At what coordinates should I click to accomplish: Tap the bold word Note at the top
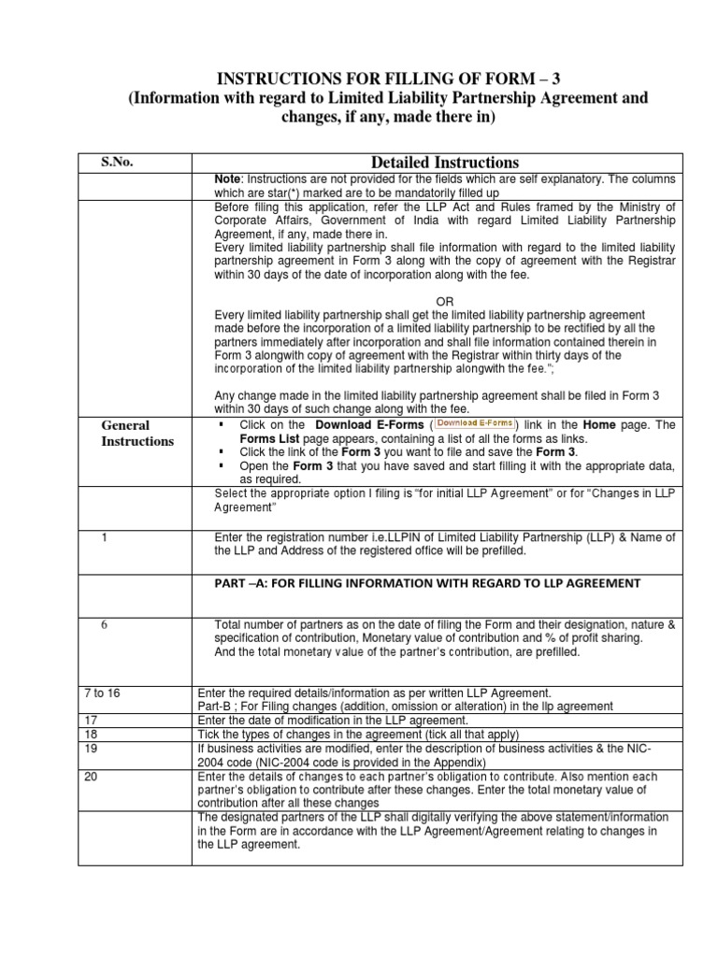pos(227,178)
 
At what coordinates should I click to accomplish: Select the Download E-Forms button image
pos(476,423)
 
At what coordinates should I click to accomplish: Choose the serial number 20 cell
pos(91,776)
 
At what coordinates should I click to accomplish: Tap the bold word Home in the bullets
pos(600,424)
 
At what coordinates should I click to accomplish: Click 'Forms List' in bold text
pos(269,438)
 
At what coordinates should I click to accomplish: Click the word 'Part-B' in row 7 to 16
pos(215,706)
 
